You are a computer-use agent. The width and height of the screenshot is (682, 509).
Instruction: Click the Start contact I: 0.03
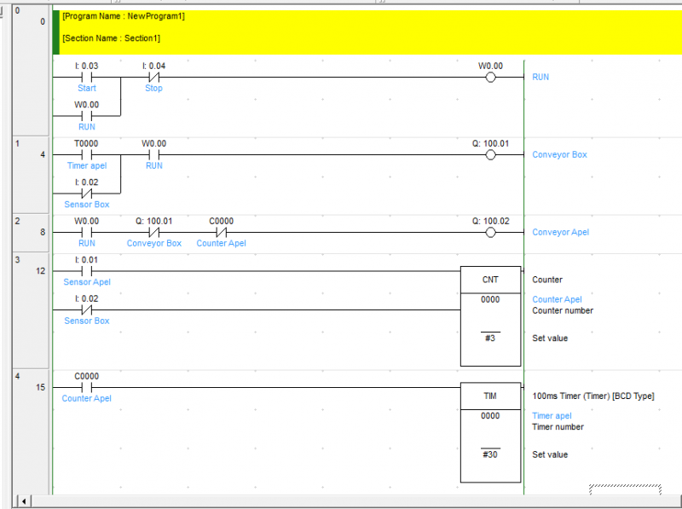coord(87,78)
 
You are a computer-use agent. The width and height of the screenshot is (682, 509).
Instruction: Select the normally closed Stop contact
coord(154,78)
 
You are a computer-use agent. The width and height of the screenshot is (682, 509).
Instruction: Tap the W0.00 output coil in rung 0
coord(490,78)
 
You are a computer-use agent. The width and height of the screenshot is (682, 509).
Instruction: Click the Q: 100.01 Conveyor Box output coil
coord(490,155)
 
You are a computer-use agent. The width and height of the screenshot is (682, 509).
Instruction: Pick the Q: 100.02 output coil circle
coord(490,232)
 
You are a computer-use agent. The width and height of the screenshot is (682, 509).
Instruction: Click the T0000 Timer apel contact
coord(87,155)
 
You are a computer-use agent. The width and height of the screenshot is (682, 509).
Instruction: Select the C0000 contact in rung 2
coord(222,232)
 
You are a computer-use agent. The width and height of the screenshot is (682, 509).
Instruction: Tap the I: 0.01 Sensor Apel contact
coord(87,271)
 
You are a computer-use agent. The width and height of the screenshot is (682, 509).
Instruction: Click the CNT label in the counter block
coord(490,280)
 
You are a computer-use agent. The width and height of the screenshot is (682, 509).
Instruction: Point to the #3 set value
coord(490,338)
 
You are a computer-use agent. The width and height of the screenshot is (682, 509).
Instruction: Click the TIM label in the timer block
coord(490,396)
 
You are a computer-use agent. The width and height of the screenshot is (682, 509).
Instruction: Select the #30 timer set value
coord(490,454)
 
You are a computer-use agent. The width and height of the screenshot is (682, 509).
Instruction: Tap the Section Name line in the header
coord(112,38)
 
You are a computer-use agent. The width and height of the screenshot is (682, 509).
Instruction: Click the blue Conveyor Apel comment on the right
coord(561,232)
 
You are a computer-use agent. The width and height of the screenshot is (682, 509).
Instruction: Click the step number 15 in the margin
coord(40,387)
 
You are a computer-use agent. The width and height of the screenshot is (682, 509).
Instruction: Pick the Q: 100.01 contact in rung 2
coord(154,232)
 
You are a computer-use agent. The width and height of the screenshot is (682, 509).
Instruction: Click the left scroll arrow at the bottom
coord(24,501)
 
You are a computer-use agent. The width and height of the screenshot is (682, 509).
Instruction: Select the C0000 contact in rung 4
coord(87,387)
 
